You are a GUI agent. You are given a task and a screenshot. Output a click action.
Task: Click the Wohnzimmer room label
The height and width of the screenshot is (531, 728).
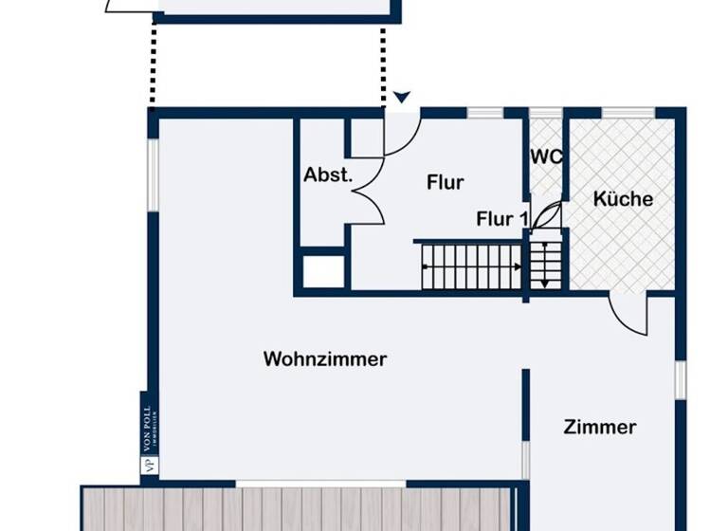[325, 359]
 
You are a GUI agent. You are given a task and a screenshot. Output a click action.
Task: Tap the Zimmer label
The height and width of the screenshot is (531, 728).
[599, 427]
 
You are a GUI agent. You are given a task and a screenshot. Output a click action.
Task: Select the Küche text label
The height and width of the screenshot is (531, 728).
[623, 199]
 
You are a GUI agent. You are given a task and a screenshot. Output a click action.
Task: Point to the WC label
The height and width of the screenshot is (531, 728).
[546, 156]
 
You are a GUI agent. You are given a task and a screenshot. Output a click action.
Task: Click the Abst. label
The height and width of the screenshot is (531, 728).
[328, 175]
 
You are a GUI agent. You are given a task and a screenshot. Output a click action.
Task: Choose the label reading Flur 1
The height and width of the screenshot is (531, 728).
[501, 219]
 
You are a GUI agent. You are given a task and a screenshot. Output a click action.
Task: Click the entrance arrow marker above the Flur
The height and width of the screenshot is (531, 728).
[402, 97]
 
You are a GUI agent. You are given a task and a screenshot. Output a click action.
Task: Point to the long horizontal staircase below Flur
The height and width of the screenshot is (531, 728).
[470, 265]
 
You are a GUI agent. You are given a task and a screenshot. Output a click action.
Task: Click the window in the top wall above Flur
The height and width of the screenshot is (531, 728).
[484, 114]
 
